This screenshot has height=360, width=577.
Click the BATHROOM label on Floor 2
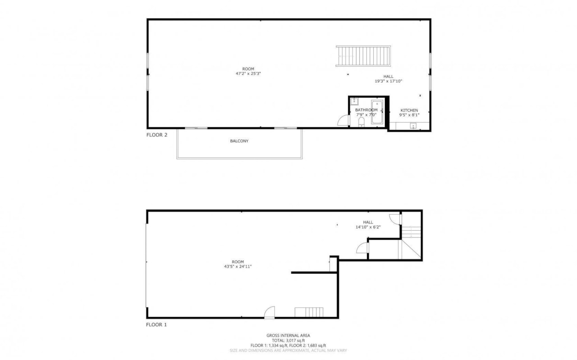coord(366,110)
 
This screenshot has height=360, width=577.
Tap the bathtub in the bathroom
coord(377,112)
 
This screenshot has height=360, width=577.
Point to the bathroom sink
coord(355,100)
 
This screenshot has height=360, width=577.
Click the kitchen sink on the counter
coord(413,126)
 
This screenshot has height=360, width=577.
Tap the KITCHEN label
coord(409,110)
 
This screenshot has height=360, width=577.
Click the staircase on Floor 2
coord(363,56)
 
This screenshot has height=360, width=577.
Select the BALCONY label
coord(239,141)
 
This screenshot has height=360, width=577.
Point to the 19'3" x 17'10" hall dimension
coord(388,81)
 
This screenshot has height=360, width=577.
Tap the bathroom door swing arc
coord(343,120)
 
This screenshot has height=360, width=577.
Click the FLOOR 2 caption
coord(157,135)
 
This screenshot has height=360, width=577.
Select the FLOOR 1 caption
coord(156,324)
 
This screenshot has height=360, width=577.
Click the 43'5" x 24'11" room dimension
coord(238,266)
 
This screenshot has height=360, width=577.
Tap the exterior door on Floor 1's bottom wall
coord(270,312)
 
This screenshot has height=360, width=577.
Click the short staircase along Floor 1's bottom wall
coord(309,312)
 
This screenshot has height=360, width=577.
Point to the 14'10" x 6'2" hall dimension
coord(368,227)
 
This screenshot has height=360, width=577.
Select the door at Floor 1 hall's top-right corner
coord(395,218)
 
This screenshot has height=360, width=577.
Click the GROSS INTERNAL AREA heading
coord(288,335)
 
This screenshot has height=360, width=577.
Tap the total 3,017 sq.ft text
coord(288,340)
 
